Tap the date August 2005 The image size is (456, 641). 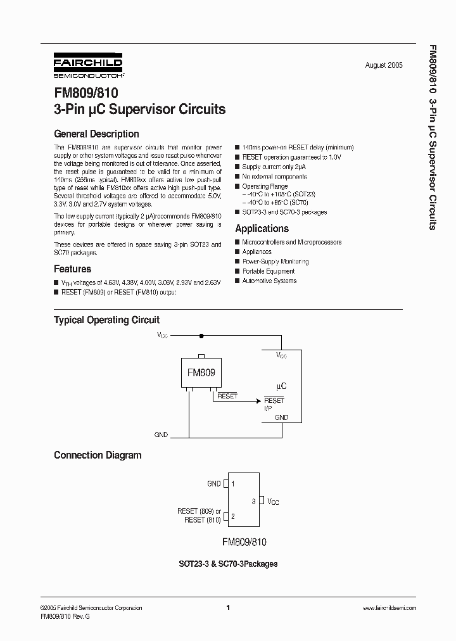384,65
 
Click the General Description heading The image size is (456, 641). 96,134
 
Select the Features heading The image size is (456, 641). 72,269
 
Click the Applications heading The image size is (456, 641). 262,229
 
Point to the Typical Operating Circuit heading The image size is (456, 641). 106,320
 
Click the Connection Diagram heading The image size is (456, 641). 98,455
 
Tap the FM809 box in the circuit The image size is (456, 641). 201,372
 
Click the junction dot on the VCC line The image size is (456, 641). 201,336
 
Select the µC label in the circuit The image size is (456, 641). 282,385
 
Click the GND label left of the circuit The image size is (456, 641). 161,435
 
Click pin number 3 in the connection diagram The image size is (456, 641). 253,501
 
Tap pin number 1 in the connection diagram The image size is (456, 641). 233,484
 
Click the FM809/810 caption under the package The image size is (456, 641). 244,542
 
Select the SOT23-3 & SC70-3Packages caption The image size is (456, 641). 229,563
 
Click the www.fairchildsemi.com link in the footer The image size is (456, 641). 389,608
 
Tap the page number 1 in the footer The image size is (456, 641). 227,608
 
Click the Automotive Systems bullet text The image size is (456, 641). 269,281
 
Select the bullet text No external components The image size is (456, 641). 274,177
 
